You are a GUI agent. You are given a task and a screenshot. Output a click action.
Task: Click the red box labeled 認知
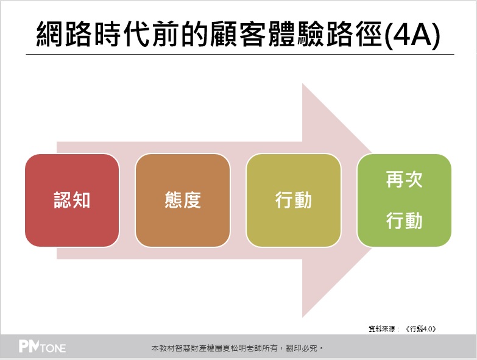pos(72,200)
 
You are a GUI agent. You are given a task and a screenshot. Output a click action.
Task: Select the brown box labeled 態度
pos(183,200)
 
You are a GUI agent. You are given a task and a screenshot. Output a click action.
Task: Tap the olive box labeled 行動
pos(294,200)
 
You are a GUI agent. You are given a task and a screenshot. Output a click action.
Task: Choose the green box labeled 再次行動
pos(405,200)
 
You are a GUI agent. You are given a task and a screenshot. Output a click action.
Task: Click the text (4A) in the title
pos(412,34)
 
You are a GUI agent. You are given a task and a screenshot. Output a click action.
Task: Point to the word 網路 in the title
pos(65,34)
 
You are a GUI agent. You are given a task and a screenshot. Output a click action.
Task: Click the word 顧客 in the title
pos(239,34)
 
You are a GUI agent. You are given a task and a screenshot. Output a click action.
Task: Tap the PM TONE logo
pos(42,347)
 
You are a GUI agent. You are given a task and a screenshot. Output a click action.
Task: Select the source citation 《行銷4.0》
pos(421,329)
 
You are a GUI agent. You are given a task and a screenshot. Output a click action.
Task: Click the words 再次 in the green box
pos(405,180)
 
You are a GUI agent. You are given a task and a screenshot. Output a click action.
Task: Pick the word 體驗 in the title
pos(297,34)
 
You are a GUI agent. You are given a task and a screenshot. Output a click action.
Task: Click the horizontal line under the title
pos(240,55)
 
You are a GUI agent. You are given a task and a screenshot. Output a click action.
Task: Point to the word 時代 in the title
pos(123,34)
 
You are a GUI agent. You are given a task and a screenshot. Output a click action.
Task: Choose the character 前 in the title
pos(166,34)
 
